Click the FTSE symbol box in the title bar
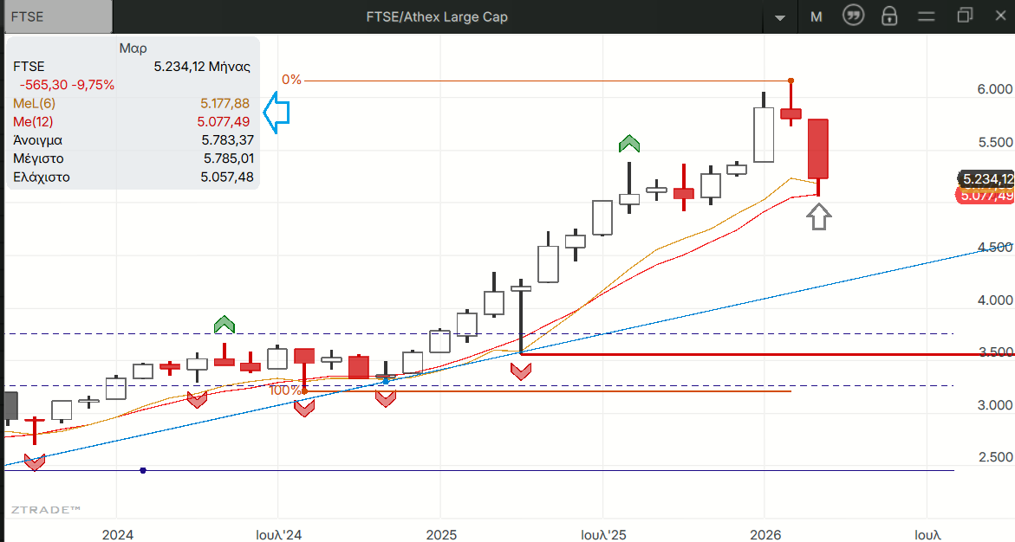(x=57, y=16)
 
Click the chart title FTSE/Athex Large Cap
(x=438, y=16)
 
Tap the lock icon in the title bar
(x=888, y=16)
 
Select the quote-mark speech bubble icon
(x=854, y=16)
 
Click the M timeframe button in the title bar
(x=817, y=16)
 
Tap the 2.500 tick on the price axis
(x=994, y=457)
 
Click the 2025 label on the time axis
(x=441, y=535)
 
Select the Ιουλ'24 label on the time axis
(x=279, y=535)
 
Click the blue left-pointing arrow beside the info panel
(x=276, y=113)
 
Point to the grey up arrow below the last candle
(x=819, y=216)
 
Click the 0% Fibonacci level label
(x=291, y=80)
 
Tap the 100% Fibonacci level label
(x=284, y=390)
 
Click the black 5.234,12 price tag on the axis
(x=986, y=179)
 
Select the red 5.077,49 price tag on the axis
(x=986, y=196)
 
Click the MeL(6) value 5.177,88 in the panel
(x=224, y=103)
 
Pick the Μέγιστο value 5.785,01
(x=229, y=158)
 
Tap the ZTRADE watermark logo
(x=46, y=511)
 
